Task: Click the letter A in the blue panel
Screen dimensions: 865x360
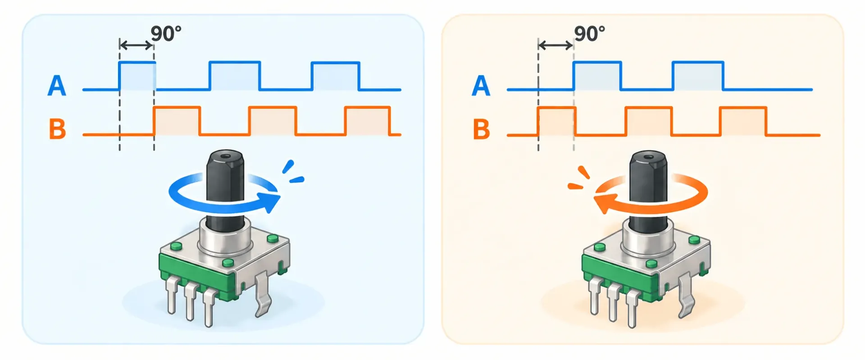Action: tap(57, 86)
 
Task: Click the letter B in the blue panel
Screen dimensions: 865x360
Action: tap(57, 129)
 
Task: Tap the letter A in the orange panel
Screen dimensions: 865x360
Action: tap(481, 86)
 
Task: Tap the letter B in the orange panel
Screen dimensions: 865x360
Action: tap(481, 129)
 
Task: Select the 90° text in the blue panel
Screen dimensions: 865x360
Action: tap(166, 34)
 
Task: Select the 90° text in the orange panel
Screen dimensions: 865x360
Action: tap(589, 34)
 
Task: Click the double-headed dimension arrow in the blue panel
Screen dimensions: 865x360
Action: tap(137, 45)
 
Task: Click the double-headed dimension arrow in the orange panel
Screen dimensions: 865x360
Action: tap(555, 45)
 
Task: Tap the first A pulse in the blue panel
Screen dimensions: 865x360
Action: tap(137, 76)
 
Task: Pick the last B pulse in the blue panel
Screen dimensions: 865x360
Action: tap(367, 121)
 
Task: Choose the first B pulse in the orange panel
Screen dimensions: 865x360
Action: tap(556, 121)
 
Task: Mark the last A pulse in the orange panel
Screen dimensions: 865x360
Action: tap(698, 76)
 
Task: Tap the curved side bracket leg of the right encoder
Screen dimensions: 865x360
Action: tap(685, 295)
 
